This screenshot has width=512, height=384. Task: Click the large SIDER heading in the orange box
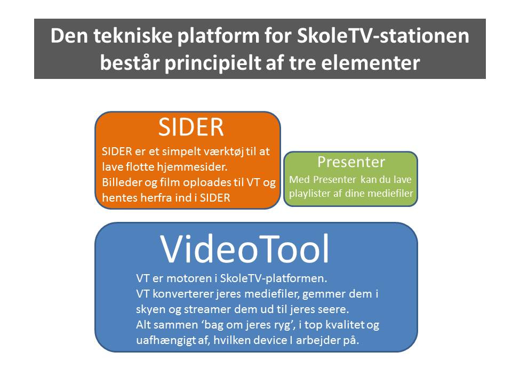pyautogui.click(x=190, y=127)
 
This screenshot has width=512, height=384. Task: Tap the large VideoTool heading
pyautogui.click(x=245, y=249)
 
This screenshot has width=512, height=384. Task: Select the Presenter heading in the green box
pyautogui.click(x=351, y=162)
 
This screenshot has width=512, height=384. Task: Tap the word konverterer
pyautogui.click(x=182, y=293)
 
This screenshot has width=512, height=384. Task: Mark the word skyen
pyautogui.click(x=151, y=309)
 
